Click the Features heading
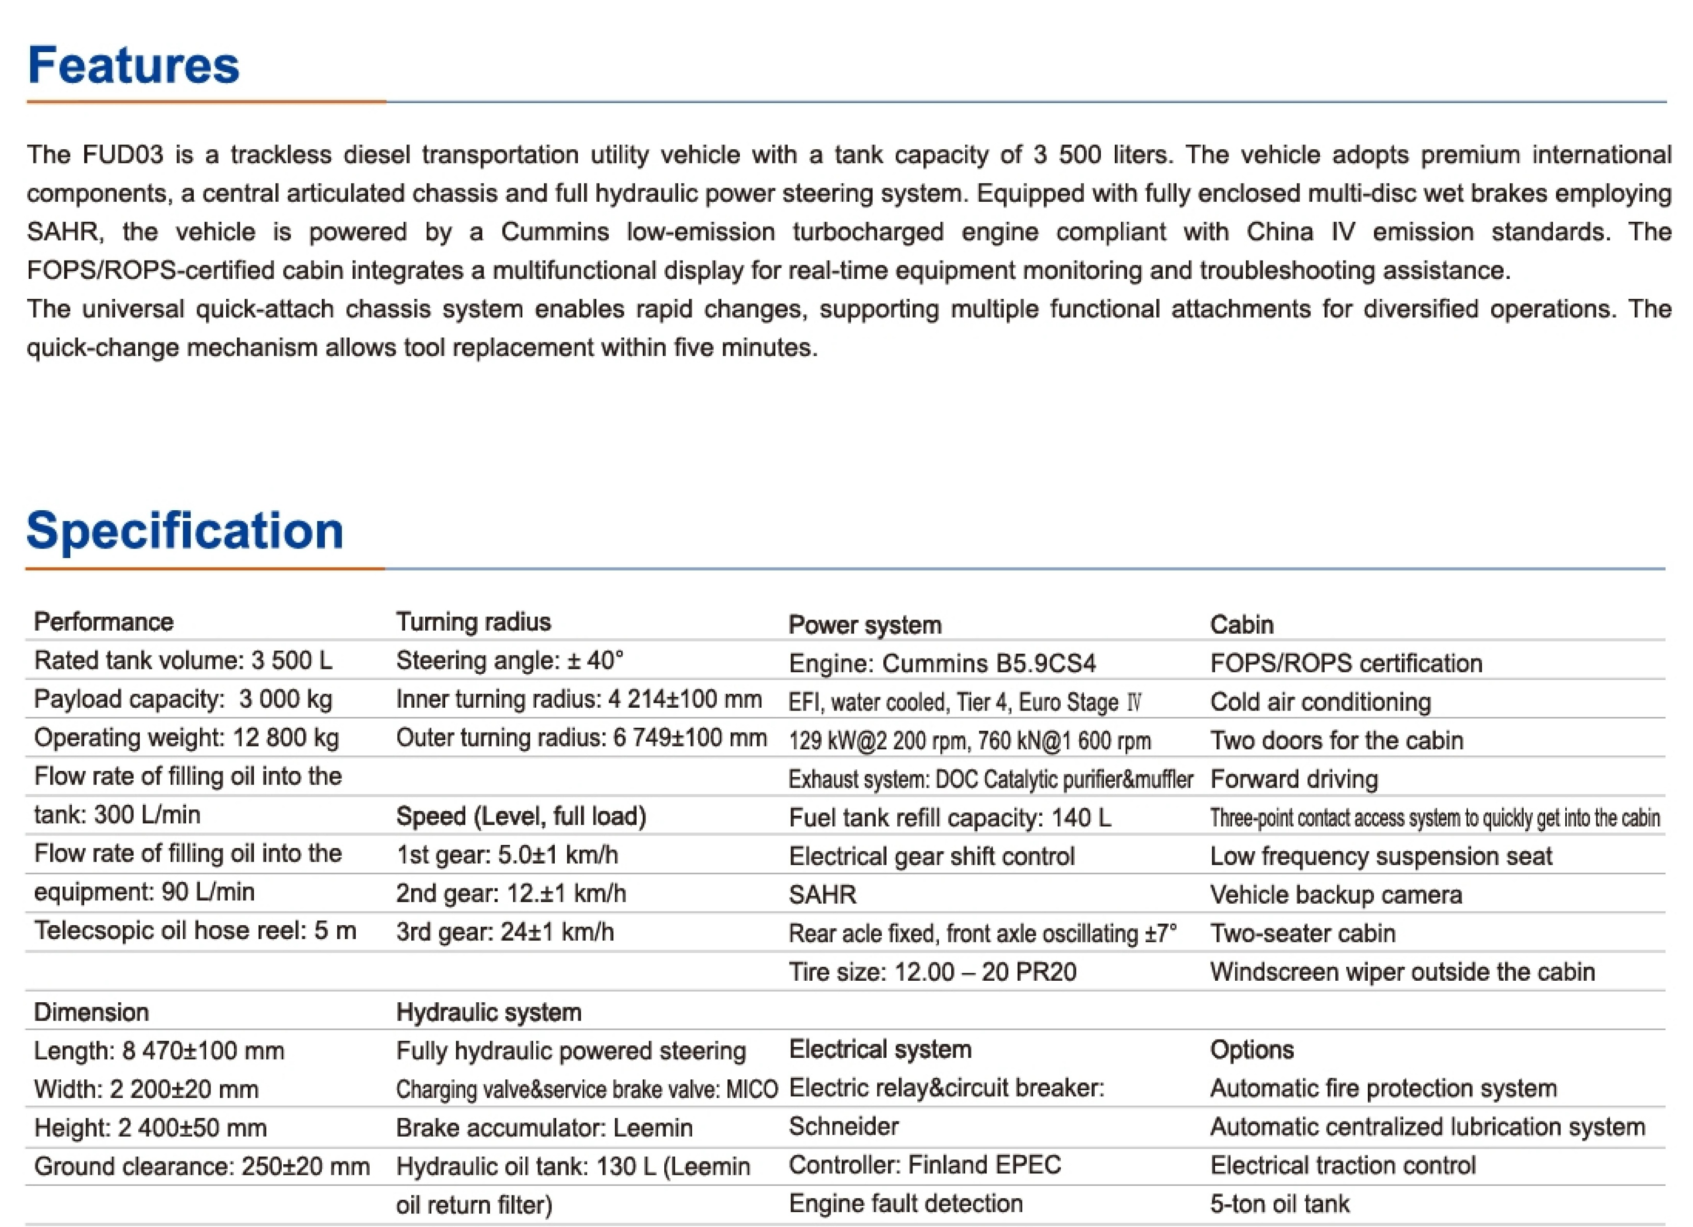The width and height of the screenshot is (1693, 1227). [x=133, y=66]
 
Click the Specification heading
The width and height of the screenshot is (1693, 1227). [x=185, y=531]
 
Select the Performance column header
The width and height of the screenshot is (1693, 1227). [x=104, y=622]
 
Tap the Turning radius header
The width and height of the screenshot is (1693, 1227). [x=473, y=622]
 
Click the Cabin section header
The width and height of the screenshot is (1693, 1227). [x=1242, y=624]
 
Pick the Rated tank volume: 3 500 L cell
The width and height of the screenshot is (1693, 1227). [x=183, y=660]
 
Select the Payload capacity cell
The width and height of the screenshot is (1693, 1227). [x=183, y=699]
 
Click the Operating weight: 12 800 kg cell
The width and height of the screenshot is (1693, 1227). [x=186, y=738]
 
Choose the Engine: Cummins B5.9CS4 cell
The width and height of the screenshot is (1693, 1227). [x=942, y=664]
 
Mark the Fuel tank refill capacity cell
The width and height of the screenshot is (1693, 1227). [x=949, y=818]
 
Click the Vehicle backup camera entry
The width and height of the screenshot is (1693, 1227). [x=1335, y=895]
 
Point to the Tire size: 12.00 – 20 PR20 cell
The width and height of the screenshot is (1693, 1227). [x=932, y=972]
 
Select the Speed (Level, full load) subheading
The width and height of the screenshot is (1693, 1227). [x=521, y=817]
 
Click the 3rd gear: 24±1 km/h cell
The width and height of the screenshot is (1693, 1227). [x=505, y=932]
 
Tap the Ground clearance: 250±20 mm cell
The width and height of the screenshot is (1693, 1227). [x=201, y=1167]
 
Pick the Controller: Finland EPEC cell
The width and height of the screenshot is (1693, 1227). [x=924, y=1165]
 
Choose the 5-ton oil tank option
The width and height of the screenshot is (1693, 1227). [x=1279, y=1204]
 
